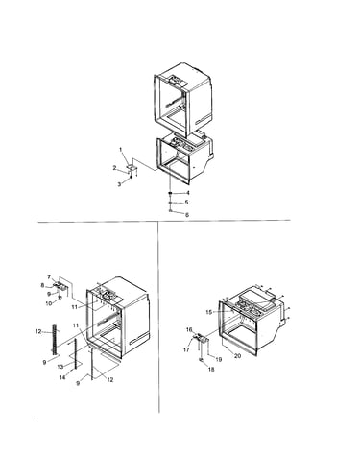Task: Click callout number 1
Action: (121, 150)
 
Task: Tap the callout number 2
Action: (114, 168)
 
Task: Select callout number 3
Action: (119, 184)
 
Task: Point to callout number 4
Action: (188, 193)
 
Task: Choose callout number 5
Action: (186, 203)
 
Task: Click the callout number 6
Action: (187, 215)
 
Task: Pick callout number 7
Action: (49, 276)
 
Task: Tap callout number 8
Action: (42, 285)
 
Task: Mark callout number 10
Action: (49, 303)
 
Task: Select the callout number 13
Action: (60, 367)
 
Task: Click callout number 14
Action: (62, 377)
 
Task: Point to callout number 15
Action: (209, 312)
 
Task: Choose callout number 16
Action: (189, 329)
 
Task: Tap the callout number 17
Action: (186, 349)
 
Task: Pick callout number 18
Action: (211, 369)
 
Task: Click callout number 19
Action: (219, 359)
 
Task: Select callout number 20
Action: (238, 355)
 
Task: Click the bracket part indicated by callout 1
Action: (132, 167)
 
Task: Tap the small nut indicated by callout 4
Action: (171, 193)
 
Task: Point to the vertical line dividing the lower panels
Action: (158, 317)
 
